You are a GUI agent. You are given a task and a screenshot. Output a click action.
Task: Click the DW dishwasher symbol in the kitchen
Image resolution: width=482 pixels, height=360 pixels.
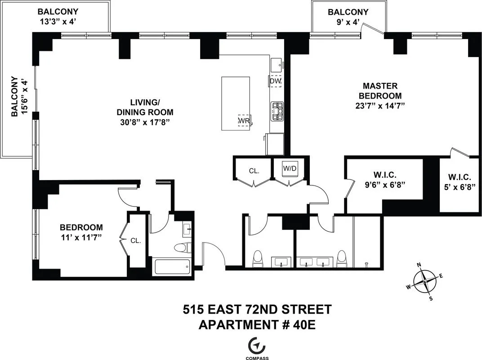pyautogui.click(x=275, y=81)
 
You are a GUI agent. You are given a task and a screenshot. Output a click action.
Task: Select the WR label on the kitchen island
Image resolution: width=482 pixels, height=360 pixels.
pyautogui.click(x=244, y=121)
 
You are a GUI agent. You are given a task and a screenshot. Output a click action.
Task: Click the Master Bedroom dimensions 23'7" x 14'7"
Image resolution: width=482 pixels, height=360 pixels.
pyautogui.click(x=380, y=107)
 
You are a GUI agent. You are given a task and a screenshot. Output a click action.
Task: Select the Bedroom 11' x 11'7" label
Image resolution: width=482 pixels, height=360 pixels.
pyautogui.click(x=81, y=232)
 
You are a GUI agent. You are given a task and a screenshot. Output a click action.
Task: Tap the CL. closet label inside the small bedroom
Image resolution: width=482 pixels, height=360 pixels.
pyautogui.click(x=136, y=241)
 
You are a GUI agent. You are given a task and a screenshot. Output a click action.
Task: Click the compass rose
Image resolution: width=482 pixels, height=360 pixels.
pyautogui.click(x=425, y=282)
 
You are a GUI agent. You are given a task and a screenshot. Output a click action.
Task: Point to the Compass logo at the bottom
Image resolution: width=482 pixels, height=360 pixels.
pyautogui.click(x=257, y=346)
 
